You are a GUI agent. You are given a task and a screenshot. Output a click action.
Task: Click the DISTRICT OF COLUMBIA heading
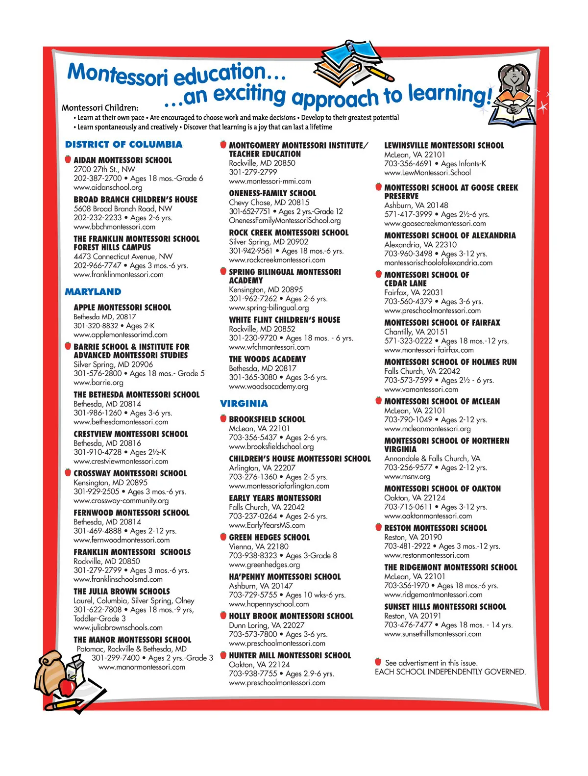123,145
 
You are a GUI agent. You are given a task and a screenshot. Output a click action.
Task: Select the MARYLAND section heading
93,292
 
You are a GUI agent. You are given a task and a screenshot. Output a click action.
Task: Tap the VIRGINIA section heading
244,404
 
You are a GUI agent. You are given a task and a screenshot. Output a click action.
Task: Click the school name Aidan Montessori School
122,160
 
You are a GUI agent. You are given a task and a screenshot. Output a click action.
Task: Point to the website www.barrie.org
98,383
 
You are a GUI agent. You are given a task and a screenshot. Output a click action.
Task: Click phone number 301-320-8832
96,326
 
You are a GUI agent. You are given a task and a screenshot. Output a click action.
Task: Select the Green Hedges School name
269,538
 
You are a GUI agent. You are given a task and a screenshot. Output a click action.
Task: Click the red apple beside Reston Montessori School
378,527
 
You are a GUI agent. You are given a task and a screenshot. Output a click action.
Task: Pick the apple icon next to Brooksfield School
223,419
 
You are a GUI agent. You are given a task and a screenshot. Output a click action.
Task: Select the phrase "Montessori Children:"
100,108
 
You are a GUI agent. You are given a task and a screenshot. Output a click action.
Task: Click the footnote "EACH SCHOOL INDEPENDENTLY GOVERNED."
450,672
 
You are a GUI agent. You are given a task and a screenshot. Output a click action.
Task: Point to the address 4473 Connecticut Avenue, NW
123,257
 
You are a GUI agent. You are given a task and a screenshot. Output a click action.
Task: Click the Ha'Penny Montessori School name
285,577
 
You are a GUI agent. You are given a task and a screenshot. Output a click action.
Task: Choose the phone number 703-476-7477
408,625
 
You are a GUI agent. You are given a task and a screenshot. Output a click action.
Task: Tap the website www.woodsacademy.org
269,387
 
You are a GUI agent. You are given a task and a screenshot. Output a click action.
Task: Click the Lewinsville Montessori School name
444,146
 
